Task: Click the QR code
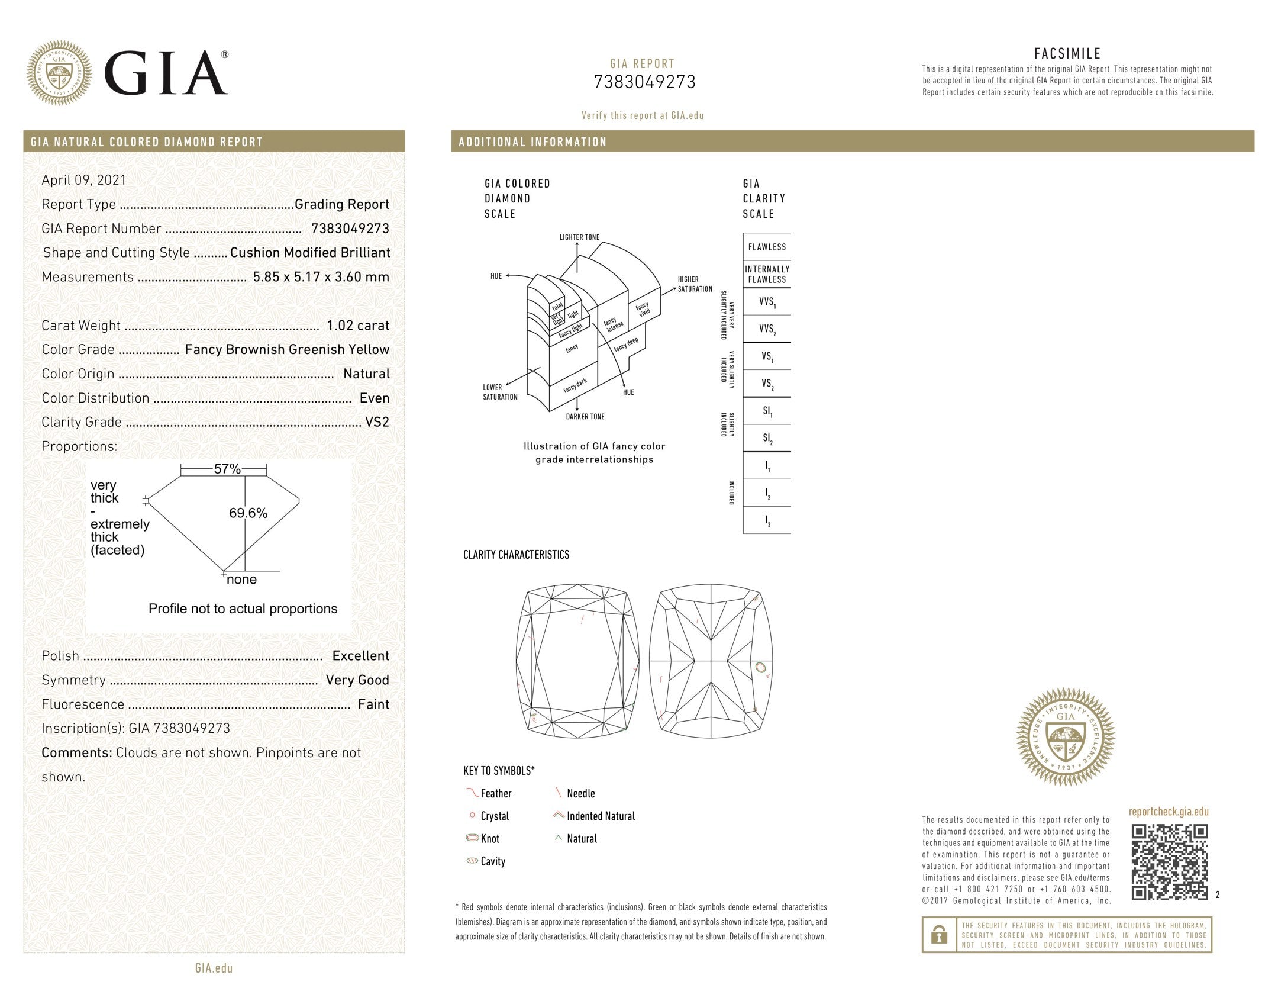[1169, 862]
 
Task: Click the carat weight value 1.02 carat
[357, 326]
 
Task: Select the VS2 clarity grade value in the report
[377, 423]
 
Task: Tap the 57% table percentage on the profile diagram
[227, 469]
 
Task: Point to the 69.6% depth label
[248, 513]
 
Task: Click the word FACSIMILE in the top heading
[1067, 54]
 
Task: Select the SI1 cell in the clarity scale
[767, 411]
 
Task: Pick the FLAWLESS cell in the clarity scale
[767, 247]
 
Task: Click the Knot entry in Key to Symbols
[489, 839]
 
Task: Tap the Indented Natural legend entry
[600, 816]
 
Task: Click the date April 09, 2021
[83, 180]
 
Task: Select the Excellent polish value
[360, 656]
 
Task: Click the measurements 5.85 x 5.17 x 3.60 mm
[321, 277]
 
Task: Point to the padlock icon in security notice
[938, 935]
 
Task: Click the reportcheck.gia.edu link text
[1168, 812]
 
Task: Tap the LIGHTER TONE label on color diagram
[579, 237]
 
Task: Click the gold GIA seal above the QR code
[1065, 737]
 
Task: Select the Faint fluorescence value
[373, 704]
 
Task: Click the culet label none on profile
[241, 580]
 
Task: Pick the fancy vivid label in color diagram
[643, 308]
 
